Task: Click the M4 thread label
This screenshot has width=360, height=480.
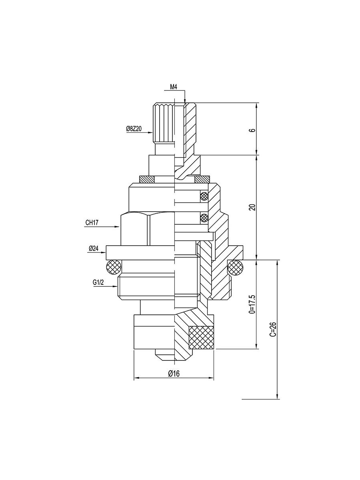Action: (174, 87)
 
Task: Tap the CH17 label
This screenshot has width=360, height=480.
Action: (92, 223)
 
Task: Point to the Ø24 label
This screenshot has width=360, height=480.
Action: (94, 248)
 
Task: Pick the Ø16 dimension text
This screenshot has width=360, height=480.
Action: (174, 373)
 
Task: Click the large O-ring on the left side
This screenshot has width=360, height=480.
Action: (113, 267)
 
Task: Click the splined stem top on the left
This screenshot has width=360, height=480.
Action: (163, 124)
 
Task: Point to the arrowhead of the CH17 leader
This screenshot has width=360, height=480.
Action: (118, 227)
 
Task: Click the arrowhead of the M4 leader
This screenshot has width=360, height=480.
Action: (185, 102)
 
